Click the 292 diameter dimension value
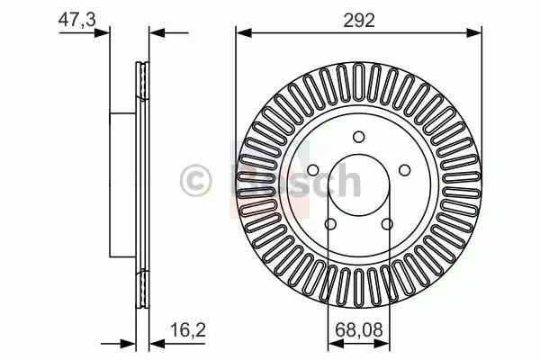click(x=359, y=21)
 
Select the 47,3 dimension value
click(x=77, y=20)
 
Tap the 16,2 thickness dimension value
click(x=188, y=330)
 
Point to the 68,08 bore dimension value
click(x=359, y=330)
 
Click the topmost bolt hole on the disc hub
click(x=359, y=137)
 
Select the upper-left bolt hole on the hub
click(x=313, y=170)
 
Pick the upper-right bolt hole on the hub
click(x=405, y=170)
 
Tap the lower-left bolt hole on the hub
click(x=330, y=224)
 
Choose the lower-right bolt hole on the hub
click(x=387, y=224)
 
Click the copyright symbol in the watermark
click(x=195, y=181)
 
